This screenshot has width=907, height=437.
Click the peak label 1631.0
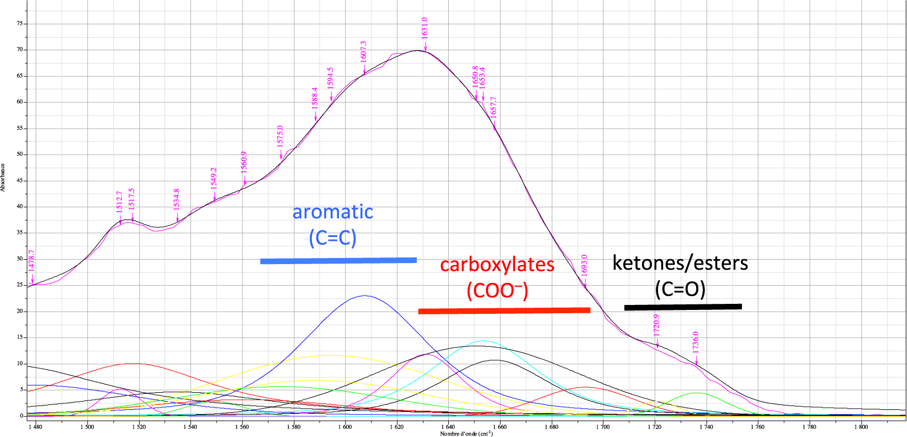(x=425, y=28)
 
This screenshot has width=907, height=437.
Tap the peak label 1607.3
(x=363, y=51)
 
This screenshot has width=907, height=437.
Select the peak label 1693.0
(x=584, y=265)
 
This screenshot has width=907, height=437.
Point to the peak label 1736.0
(x=696, y=342)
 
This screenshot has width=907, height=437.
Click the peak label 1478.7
(x=31, y=260)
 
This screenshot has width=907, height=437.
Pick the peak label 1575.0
(x=280, y=136)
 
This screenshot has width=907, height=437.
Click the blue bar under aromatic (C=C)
(x=338, y=260)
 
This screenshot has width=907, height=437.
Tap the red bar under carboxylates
(x=504, y=311)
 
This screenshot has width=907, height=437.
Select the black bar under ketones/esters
(x=683, y=307)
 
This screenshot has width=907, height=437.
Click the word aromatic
(x=333, y=212)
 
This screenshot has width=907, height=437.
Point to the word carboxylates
(x=497, y=265)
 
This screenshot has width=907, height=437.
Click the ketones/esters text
(x=680, y=263)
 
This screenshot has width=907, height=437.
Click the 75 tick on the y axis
(x=20, y=24)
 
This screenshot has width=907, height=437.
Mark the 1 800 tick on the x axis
(x=860, y=427)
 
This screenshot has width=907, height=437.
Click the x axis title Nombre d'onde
(x=466, y=434)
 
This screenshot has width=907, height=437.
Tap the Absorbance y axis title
(x=3, y=177)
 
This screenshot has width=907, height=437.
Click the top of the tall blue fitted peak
(x=364, y=296)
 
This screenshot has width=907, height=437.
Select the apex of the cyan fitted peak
(x=483, y=341)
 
